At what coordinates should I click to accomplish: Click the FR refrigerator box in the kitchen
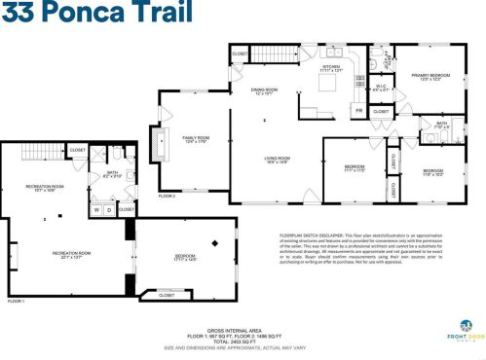tap(358, 110)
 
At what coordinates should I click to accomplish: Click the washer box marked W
tap(96, 209)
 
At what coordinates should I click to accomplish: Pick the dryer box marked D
tap(109, 209)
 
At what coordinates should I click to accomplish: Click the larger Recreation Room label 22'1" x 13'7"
tap(71, 255)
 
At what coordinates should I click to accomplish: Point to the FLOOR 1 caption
tap(17, 302)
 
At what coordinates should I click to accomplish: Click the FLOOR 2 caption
tap(168, 197)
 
